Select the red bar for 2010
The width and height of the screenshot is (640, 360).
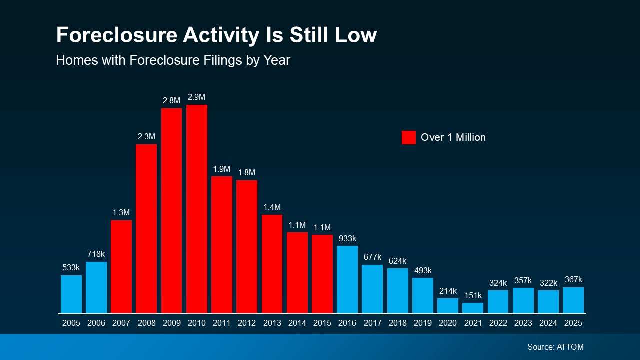click(x=197, y=209)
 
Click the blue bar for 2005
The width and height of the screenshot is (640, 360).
click(x=71, y=294)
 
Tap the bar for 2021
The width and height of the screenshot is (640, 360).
click(x=473, y=308)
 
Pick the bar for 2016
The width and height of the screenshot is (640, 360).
click(x=347, y=279)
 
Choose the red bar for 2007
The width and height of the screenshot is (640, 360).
click(x=121, y=267)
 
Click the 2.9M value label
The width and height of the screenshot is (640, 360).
click(x=197, y=97)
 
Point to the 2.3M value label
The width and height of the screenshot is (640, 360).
click(x=146, y=136)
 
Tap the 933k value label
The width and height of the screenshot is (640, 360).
click(x=347, y=238)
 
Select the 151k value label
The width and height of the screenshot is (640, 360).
click(x=473, y=295)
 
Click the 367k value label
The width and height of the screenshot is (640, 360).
click(x=573, y=280)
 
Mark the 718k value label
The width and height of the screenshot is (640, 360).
click(x=96, y=254)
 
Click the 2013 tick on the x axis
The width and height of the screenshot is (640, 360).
click(x=272, y=323)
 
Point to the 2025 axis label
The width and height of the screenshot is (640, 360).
click(x=573, y=323)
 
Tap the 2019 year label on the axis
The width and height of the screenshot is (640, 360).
click(x=423, y=323)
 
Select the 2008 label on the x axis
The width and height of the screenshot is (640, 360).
click(x=146, y=323)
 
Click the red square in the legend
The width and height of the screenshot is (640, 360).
click(x=408, y=137)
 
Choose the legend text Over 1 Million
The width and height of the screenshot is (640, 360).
click(x=453, y=137)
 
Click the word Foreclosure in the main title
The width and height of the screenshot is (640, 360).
click(x=116, y=35)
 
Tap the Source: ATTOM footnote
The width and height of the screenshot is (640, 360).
click(x=555, y=347)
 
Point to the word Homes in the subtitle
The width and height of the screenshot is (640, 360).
click(x=73, y=60)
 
